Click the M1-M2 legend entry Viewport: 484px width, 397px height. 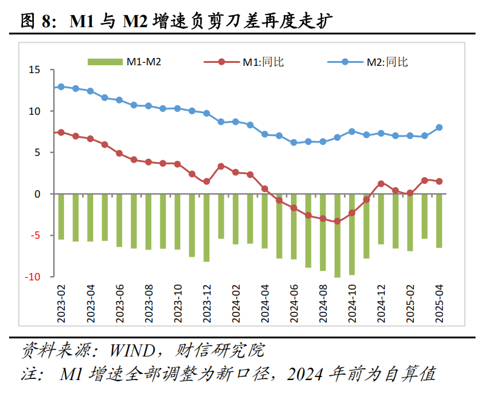coord(125,62)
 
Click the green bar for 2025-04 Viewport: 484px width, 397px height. coord(439,221)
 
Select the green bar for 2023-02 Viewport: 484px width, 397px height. coord(60,216)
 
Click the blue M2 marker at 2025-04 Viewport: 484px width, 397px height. coord(439,127)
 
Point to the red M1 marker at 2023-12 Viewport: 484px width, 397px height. coord(206,181)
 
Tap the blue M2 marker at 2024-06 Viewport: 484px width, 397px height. coord(294,143)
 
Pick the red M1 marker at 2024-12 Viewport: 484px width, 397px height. coord(381,184)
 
